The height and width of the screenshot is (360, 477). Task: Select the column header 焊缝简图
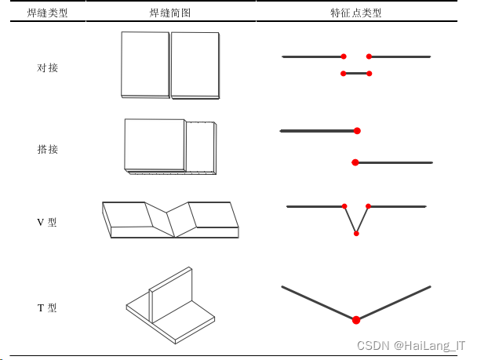pos(170,13)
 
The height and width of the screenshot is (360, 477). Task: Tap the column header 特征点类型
pos(357,13)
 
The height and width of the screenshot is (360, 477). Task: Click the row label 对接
pos(48,68)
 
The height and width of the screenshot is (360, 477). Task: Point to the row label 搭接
pos(48,149)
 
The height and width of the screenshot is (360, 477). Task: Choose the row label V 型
pos(47,222)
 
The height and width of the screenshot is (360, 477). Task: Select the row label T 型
pos(47,308)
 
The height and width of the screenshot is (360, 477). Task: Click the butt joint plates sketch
pos(170,66)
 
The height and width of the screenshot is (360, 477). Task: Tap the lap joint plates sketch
pos(169,146)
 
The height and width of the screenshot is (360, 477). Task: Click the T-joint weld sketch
pos(169,306)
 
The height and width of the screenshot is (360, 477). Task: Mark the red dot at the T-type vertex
pos(356,319)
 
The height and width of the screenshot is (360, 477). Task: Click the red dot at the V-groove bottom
pos(356,233)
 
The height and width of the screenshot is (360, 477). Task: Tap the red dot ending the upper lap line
pos(357,131)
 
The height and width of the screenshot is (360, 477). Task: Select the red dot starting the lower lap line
pos(355,162)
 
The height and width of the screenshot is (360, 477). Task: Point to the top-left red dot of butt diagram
pos(344,56)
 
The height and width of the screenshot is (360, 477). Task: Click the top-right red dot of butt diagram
pos(369,56)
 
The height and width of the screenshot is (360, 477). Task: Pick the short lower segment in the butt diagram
pos(356,74)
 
